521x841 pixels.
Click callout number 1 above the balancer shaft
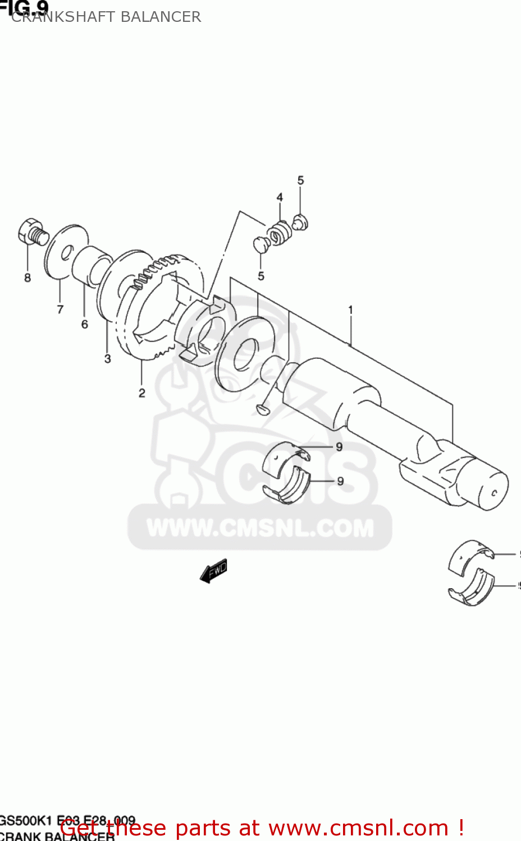tap(351, 309)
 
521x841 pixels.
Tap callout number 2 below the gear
tap(142, 393)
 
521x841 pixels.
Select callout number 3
tap(108, 359)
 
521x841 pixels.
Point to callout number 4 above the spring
tap(280, 197)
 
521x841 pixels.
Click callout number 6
tap(85, 324)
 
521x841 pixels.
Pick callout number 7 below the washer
tap(60, 309)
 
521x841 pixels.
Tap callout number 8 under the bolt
tap(27, 278)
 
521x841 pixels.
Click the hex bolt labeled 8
tap(32, 232)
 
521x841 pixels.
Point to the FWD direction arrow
tap(214, 571)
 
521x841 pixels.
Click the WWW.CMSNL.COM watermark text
tap(260, 528)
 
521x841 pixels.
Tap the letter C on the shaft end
tap(494, 493)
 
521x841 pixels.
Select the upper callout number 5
tap(300, 180)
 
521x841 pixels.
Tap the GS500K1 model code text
tap(26, 821)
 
